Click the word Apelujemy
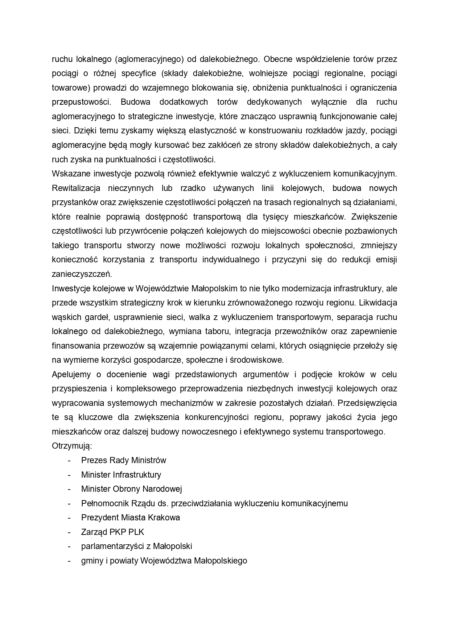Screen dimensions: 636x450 [x=71, y=374]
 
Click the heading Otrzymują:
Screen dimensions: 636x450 [x=72, y=446]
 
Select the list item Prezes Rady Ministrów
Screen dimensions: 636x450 [x=124, y=460]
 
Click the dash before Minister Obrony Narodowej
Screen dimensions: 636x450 [x=69, y=489]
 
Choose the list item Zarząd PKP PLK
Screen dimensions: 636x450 [x=112, y=532]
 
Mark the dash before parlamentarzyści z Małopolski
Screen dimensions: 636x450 [x=69, y=546]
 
